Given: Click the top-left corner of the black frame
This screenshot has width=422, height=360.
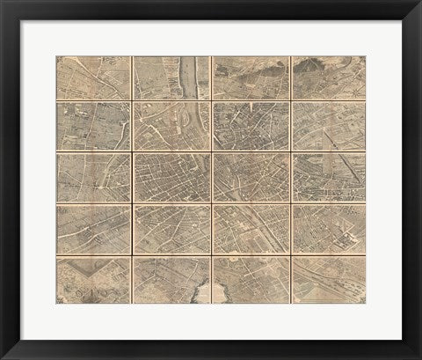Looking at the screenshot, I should pyautogui.click(x=2, y=2).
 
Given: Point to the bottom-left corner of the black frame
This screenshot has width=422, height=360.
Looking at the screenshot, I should pyautogui.click(x=2, y=357).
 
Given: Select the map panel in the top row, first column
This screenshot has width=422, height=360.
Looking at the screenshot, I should pyautogui.click(x=93, y=78).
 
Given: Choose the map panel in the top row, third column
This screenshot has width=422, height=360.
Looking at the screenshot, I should pyautogui.click(x=251, y=78).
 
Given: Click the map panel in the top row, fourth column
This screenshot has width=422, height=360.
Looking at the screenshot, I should pyautogui.click(x=328, y=78).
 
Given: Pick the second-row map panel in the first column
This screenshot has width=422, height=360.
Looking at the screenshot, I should pyautogui.click(x=93, y=127).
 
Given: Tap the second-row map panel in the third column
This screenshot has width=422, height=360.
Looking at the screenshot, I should pyautogui.click(x=251, y=127).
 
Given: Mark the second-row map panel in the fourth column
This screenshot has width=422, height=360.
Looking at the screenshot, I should pyautogui.click(x=328, y=127).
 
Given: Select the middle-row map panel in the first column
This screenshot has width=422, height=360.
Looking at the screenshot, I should pyautogui.click(x=93, y=178).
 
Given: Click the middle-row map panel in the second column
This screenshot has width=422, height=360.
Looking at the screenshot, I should pyautogui.click(x=171, y=178).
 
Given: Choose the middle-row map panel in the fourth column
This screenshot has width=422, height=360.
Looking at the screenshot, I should pyautogui.click(x=328, y=178).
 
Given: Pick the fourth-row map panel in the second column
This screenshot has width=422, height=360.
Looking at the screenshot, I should pyautogui.click(x=171, y=229).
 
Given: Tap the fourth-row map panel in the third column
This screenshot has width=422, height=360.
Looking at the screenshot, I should pyautogui.click(x=251, y=229).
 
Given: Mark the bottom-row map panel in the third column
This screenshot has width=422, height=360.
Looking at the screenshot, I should pyautogui.click(x=251, y=279).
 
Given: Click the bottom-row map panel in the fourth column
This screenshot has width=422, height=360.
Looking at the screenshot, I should pyautogui.click(x=328, y=279).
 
